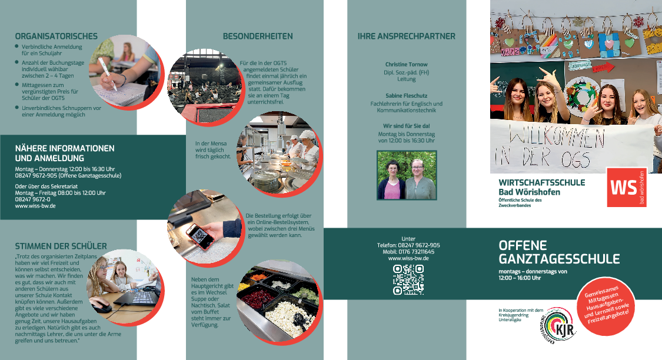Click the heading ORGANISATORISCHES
56,36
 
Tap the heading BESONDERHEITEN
258,36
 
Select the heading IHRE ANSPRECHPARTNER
407,36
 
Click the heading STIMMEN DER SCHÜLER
61,246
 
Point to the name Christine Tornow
406,65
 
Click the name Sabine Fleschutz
406,96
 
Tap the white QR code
408,279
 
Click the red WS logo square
627,188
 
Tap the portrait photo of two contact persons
407,175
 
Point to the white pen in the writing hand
108,74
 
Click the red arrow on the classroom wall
603,67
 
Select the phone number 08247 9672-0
32,199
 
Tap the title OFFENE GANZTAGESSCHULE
559,252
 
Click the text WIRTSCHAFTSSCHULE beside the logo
542,183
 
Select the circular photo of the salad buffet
278,301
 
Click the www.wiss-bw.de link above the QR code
408,258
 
